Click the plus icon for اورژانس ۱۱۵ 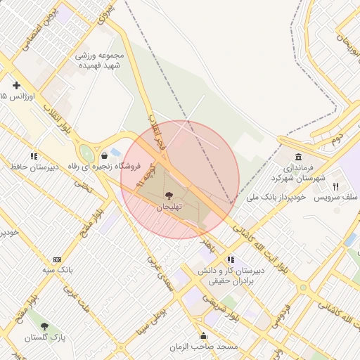pyautogui.click(x=16, y=85)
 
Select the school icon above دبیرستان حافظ pyautogui.click(x=33, y=156)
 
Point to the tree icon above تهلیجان pyautogui.click(x=168, y=195)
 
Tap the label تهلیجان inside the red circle pyautogui.click(x=168, y=207)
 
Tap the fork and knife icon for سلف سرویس pyautogui.click(x=335, y=186)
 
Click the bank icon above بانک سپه pyautogui.click(x=57, y=259)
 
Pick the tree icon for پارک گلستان pyautogui.click(x=45, y=327)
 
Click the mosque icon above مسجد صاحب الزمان pyautogui.click(x=203, y=336)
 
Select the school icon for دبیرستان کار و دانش pyautogui.click(x=231, y=259)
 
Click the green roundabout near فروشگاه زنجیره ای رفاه pyautogui.click(x=87, y=153)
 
